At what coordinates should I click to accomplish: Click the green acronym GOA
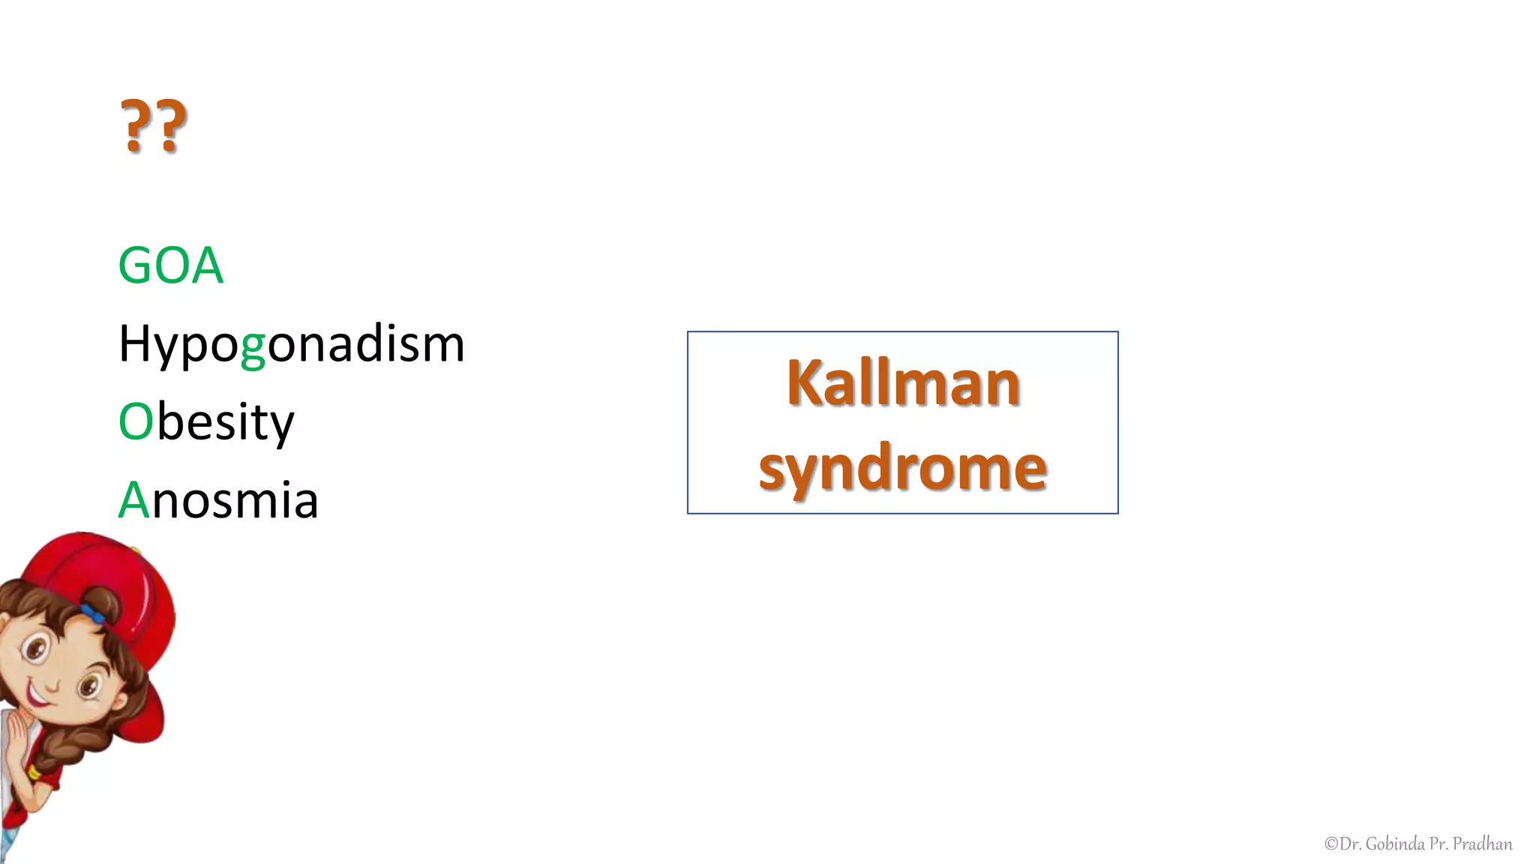[x=171, y=265]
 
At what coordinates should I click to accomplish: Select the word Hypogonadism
[x=292, y=344]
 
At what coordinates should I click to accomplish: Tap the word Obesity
[x=206, y=422]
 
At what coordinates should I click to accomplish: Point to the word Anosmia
[x=218, y=499]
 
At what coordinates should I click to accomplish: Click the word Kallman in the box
[x=903, y=383]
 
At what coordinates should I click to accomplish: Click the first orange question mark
[x=135, y=125]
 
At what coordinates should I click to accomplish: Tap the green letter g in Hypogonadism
[x=253, y=347]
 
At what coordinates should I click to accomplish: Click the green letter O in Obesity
[x=136, y=421]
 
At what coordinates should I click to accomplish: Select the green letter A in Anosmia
[x=134, y=499]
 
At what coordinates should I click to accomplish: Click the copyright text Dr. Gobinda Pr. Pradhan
[x=1418, y=844]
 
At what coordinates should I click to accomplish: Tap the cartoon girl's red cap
[x=112, y=577]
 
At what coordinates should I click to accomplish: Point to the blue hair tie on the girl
[x=94, y=613]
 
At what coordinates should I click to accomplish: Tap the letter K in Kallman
[x=805, y=383]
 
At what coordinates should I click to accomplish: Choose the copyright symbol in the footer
[x=1331, y=844]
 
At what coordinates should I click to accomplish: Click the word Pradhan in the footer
[x=1482, y=844]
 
